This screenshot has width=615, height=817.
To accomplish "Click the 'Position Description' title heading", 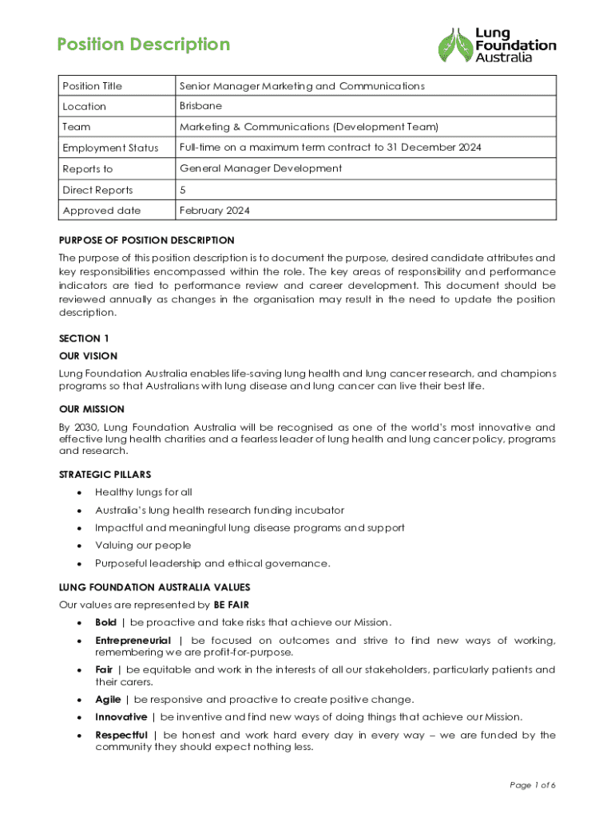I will click(x=144, y=45).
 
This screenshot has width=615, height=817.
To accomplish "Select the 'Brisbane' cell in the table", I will click(x=200, y=105).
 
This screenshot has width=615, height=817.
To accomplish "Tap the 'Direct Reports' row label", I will click(x=97, y=190).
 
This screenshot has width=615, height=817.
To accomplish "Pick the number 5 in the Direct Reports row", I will click(x=183, y=190).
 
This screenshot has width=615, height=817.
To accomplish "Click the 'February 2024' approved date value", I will click(x=215, y=211).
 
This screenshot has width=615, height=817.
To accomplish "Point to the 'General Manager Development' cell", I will click(x=260, y=168).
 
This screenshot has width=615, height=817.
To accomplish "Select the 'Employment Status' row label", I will click(x=110, y=148).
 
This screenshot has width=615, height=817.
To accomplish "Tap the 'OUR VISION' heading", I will click(x=88, y=356).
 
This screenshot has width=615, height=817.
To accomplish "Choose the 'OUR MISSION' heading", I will click(x=91, y=409).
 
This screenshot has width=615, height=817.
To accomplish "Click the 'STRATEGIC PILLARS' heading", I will click(x=105, y=475).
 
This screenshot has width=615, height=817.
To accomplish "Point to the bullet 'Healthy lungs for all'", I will click(x=144, y=492).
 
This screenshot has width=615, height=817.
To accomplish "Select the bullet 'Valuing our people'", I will click(x=143, y=546).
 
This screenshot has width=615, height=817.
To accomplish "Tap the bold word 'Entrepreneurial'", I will click(x=133, y=641).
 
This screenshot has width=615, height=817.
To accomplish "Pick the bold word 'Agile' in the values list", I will click(x=108, y=699).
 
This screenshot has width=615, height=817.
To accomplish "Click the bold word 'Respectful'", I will click(x=121, y=735).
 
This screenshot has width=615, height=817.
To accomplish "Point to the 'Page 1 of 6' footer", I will click(x=533, y=786).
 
